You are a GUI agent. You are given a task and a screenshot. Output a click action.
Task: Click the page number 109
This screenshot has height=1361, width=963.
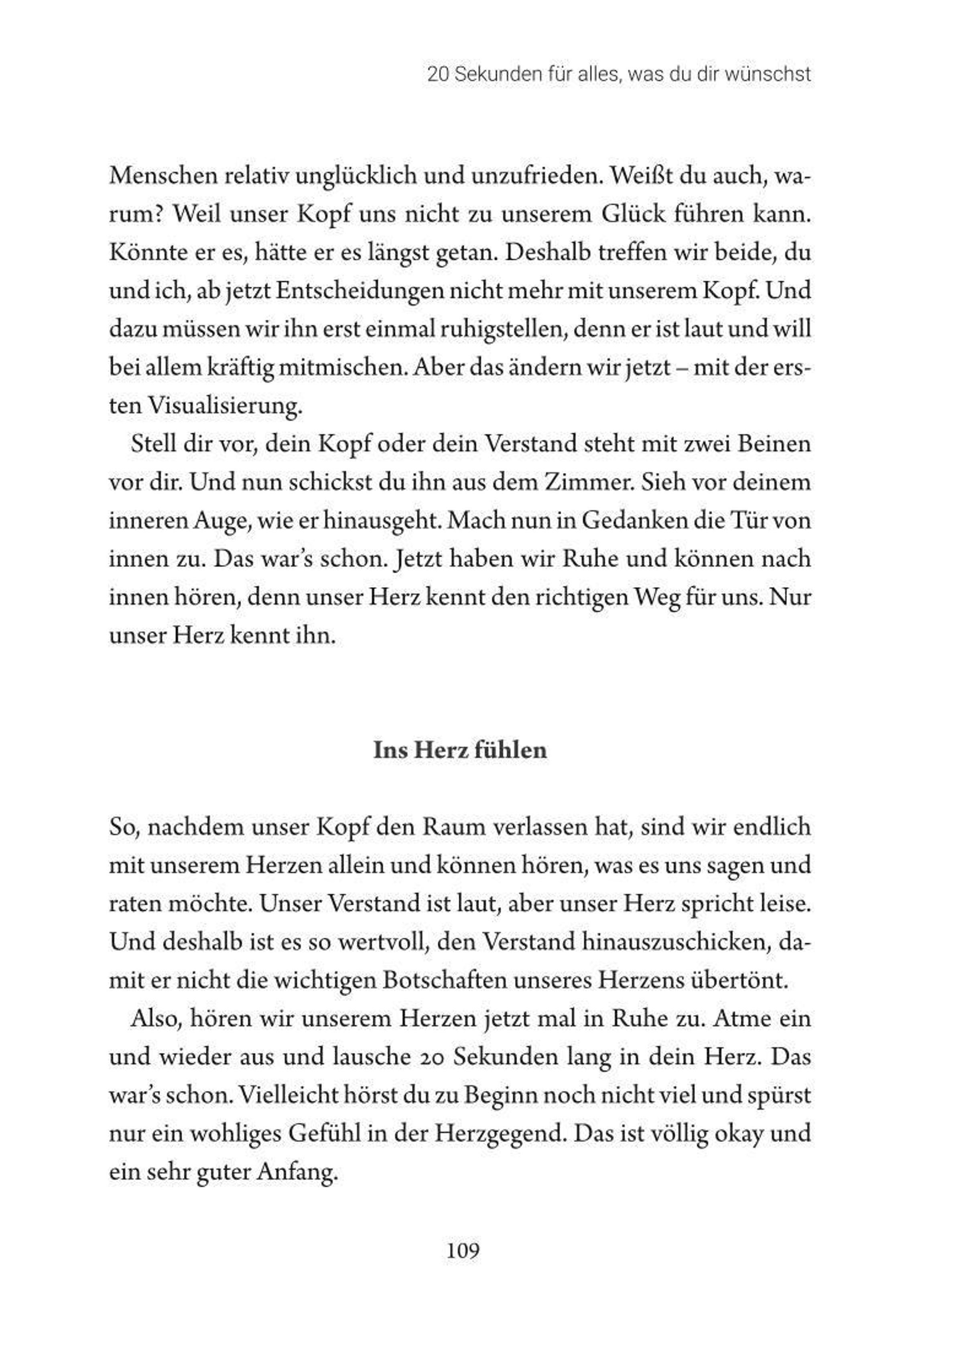pos(463,1252)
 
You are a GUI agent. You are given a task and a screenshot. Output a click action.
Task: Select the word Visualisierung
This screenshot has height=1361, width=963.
pos(225,407)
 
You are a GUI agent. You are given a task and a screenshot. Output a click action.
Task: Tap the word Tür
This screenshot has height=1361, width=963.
pos(747,521)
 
